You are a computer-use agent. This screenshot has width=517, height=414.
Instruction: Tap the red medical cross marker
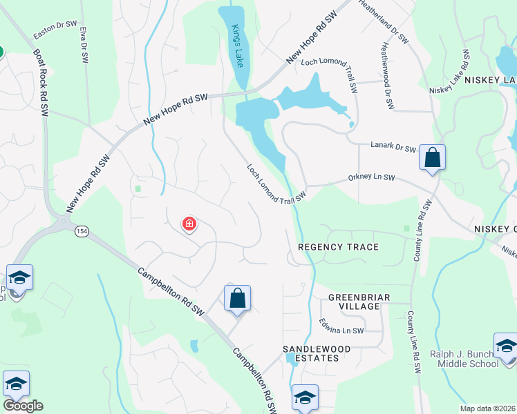[189, 224]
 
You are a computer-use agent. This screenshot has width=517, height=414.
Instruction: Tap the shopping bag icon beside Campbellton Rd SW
[237, 299]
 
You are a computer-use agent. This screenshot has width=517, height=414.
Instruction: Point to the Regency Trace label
[338, 247]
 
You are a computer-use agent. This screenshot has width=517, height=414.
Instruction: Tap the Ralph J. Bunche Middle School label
[464, 359]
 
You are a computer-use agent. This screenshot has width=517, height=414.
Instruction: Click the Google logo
[23, 406]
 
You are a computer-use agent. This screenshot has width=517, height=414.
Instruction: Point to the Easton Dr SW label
[55, 29]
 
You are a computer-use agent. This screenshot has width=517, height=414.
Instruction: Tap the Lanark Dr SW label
[391, 148]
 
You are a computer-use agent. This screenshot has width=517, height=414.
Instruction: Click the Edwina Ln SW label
[341, 326]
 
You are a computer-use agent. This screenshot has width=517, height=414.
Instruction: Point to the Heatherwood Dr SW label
[386, 76]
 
